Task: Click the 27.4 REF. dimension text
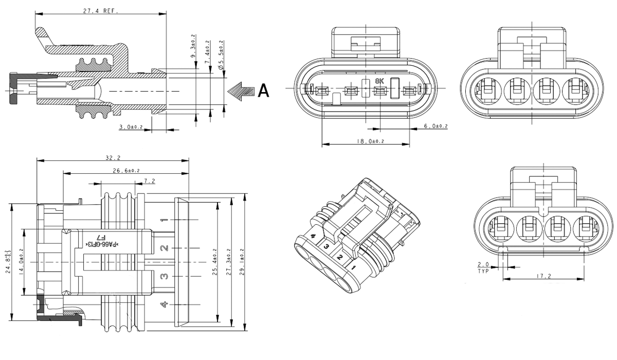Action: pos(100,10)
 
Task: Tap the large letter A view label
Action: pos(263,91)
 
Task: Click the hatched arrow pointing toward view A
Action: pos(241,91)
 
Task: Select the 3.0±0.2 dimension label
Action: pos(131,126)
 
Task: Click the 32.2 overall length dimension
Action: pos(112,158)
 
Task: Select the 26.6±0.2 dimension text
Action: pos(125,170)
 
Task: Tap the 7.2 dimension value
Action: pos(150,181)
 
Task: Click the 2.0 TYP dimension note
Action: pos(483,267)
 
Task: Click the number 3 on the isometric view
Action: pos(325,247)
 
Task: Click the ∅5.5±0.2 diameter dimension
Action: pos(222,54)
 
